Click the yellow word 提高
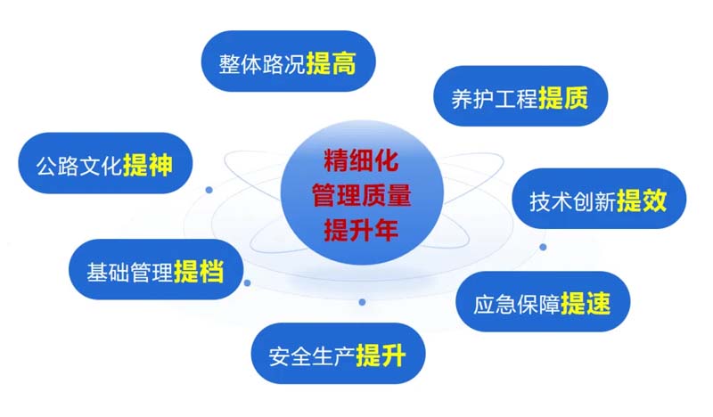(x=331, y=62)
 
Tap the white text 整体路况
(x=262, y=63)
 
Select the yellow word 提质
(x=563, y=97)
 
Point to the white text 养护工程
(x=495, y=98)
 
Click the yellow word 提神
(x=148, y=165)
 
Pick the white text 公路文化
(x=79, y=166)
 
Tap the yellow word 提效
(x=642, y=200)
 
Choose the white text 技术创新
(x=573, y=201)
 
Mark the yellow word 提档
(x=199, y=272)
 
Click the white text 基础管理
(x=129, y=273)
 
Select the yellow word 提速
(x=586, y=303)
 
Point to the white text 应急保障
(x=517, y=304)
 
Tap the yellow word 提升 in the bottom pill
(x=381, y=356)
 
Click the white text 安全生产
(x=312, y=356)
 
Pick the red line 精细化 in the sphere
(x=361, y=161)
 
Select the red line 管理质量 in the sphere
(x=362, y=195)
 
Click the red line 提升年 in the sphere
(x=361, y=230)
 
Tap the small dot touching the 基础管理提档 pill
(x=248, y=282)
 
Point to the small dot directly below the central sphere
(x=362, y=302)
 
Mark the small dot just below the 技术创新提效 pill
(x=543, y=247)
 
